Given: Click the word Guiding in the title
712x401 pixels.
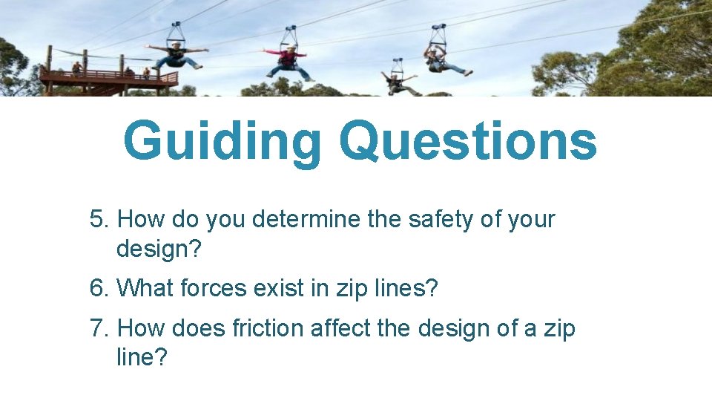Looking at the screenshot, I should [x=222, y=142].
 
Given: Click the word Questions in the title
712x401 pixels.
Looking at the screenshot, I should [x=468, y=142].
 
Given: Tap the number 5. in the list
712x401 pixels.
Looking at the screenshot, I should [x=100, y=220].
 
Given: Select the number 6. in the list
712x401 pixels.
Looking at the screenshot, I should [x=100, y=287].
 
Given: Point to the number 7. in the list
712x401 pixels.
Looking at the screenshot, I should [x=100, y=327].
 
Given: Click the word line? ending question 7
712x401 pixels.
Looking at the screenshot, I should [x=142, y=357].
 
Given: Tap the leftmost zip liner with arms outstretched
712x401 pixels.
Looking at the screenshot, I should [x=177, y=55].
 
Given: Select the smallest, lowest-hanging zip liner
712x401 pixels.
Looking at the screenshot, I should [x=398, y=81].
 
